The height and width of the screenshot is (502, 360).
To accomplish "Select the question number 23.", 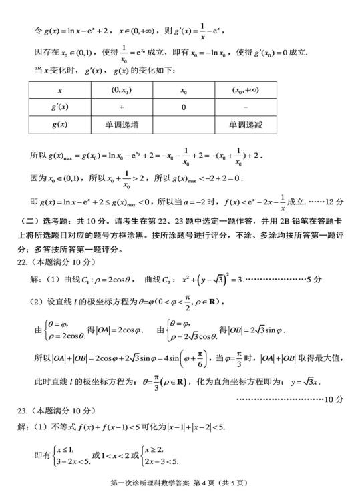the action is coord(22,410).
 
